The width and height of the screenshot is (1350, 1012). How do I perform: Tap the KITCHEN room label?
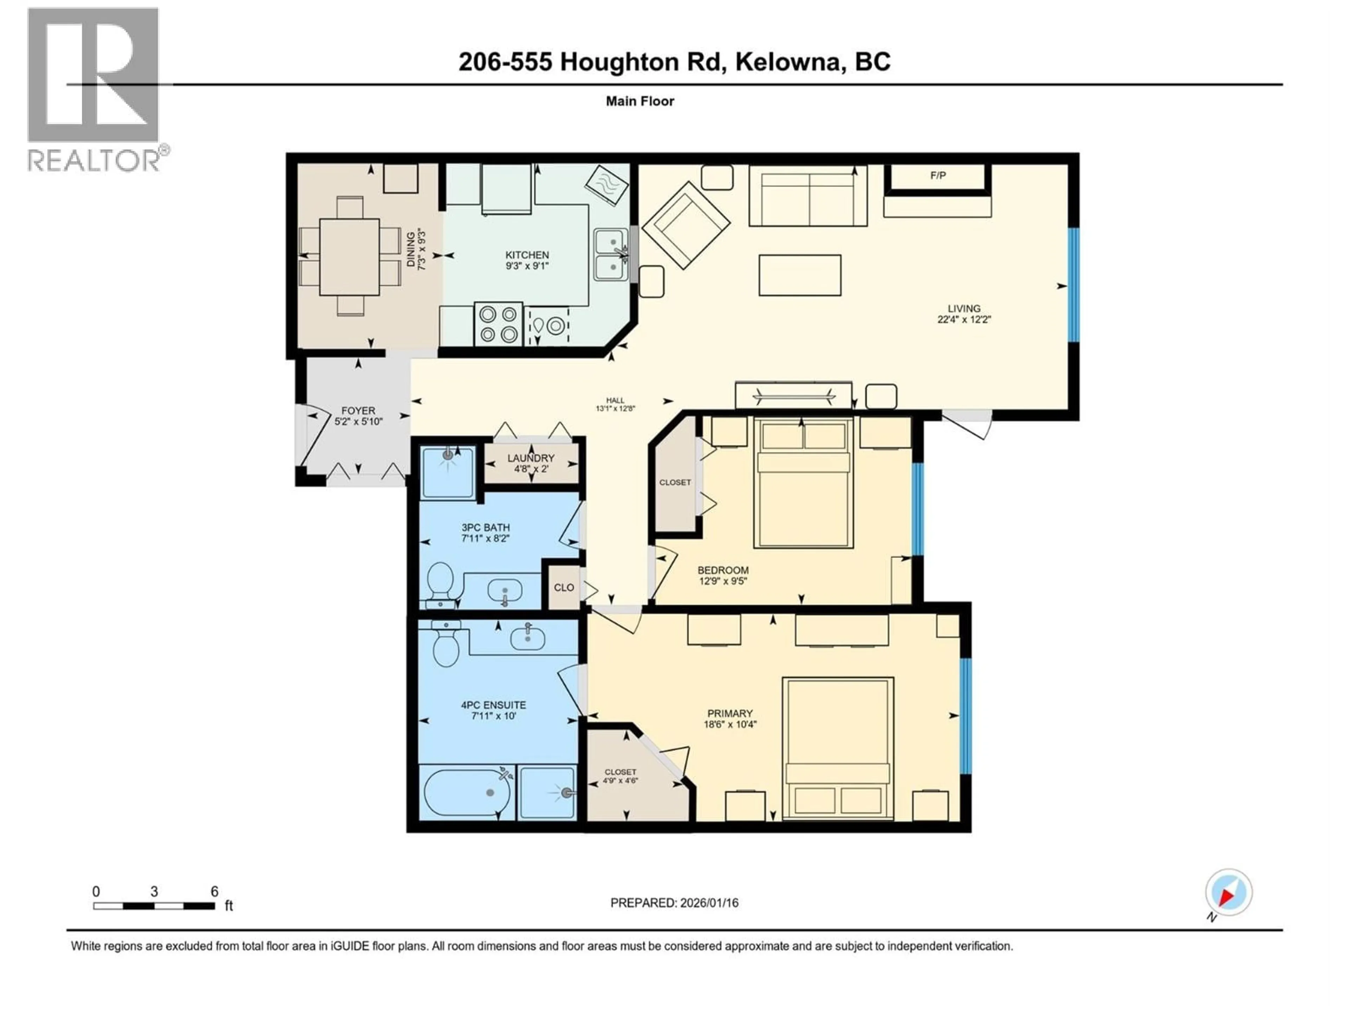tap(527, 255)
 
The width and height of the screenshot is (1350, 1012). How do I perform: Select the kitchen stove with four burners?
tap(499, 324)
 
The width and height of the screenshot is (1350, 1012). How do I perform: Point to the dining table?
tap(350, 257)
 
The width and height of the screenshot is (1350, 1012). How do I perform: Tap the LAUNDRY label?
tap(531, 458)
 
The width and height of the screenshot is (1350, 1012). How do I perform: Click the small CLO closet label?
tap(563, 588)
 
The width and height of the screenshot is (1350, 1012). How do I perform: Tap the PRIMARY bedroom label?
tap(730, 713)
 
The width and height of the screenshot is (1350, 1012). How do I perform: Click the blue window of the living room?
tap(1074, 285)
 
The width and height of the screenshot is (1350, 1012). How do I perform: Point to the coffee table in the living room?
tap(799, 275)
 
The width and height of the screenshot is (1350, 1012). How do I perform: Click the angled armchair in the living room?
tap(686, 225)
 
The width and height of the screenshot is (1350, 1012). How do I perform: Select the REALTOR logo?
tap(95, 90)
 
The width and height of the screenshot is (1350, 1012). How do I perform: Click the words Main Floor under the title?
tap(639, 101)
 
